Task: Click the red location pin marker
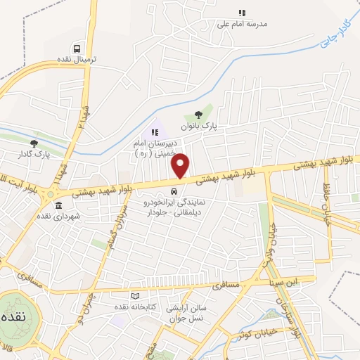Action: [x=181, y=166]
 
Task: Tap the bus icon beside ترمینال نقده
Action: [x=84, y=47]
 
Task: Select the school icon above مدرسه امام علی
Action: [x=242, y=13]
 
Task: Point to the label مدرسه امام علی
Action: [x=243, y=24]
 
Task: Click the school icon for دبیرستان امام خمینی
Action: [x=155, y=131]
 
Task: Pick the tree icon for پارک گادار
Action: [x=34, y=143]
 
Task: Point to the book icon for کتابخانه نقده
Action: [x=136, y=297]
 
